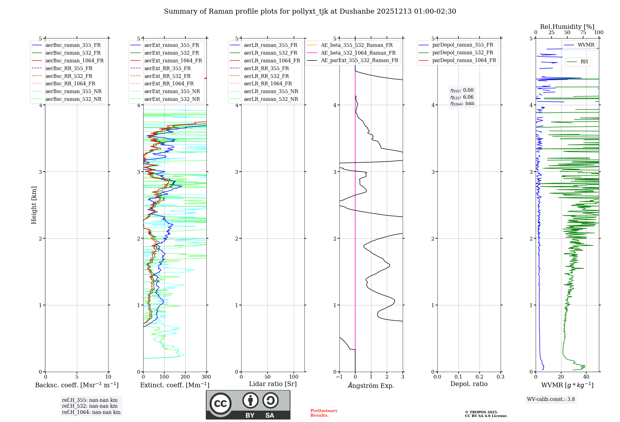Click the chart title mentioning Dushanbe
(310, 11)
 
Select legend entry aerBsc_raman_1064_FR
(74, 61)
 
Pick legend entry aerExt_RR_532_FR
(167, 76)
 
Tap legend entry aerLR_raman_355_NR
(271, 91)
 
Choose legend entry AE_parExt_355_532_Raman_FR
(360, 60)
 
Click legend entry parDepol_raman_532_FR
(463, 52)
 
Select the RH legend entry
(584, 62)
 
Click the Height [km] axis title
(34, 205)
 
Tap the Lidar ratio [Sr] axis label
(273, 384)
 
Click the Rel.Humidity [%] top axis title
(567, 27)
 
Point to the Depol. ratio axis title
(469, 384)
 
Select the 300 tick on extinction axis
(206, 377)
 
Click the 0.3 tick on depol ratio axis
(500, 377)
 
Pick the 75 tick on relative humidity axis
(583, 33)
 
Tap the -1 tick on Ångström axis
(339, 377)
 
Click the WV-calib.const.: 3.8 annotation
(551, 399)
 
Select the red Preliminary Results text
(324, 413)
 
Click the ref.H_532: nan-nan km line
(90, 406)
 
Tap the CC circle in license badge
(220, 404)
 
